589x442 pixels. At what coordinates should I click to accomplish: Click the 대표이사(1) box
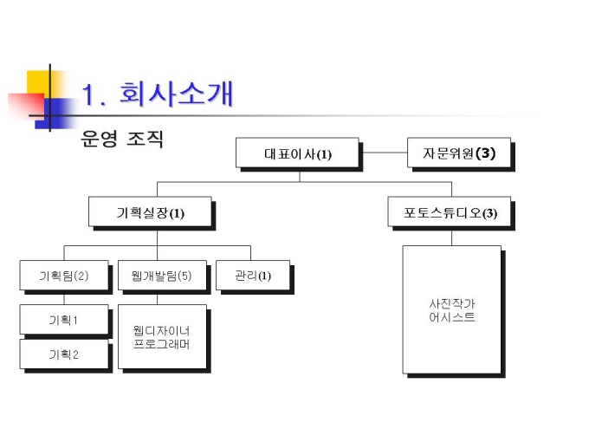click(297, 153)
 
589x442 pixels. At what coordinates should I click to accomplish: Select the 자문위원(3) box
click(459, 153)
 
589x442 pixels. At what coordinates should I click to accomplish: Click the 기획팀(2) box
click(64, 276)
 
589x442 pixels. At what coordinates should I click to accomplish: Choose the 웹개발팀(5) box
click(162, 276)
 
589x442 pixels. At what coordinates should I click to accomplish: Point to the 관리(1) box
click(252, 276)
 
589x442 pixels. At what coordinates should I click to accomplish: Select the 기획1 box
click(64, 320)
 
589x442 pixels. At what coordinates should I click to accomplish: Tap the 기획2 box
click(64, 354)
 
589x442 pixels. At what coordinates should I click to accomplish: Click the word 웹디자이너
click(162, 330)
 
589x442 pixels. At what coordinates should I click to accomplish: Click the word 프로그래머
click(162, 344)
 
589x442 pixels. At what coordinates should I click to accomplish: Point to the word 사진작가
click(451, 304)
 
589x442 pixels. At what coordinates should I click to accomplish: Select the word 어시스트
click(451, 317)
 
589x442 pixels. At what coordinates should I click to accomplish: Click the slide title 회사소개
click(177, 94)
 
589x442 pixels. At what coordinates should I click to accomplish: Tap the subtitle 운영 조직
click(121, 139)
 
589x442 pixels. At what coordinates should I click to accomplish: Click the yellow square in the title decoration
click(38, 82)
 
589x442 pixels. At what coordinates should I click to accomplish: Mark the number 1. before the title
click(95, 94)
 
